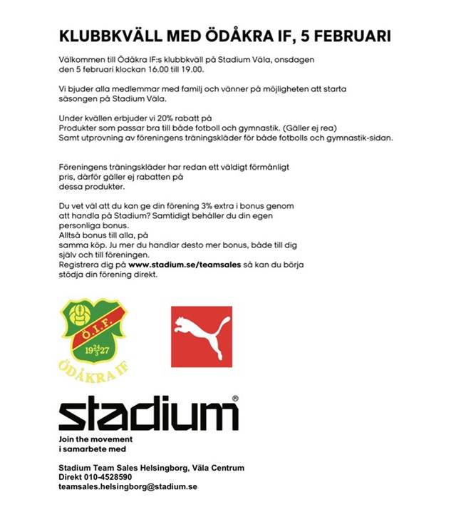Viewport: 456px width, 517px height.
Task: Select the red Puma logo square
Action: pos(202,337)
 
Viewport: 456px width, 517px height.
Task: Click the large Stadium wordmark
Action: pos(147,414)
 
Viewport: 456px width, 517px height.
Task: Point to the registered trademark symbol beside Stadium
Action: pos(235,399)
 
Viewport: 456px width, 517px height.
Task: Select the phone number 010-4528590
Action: pos(107,477)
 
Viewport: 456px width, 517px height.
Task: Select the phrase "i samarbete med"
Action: pos(92,449)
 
